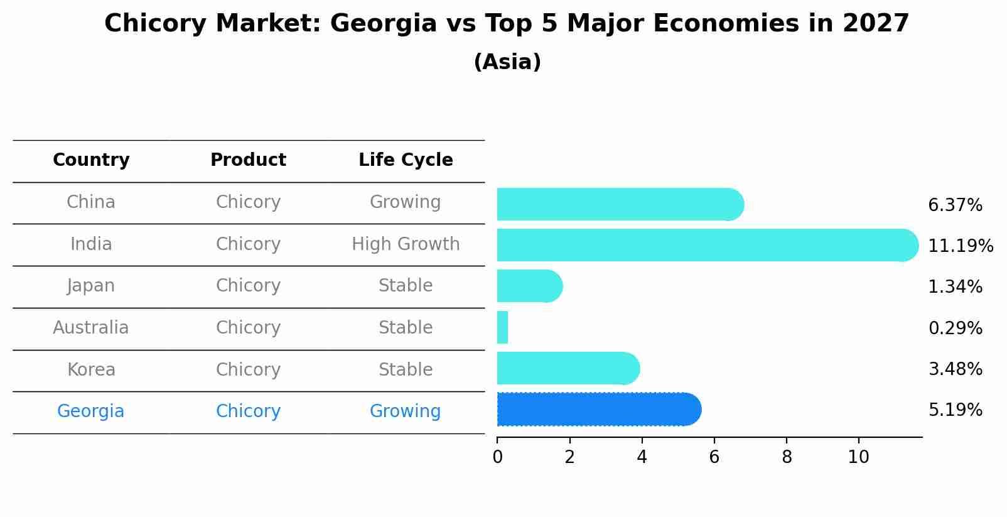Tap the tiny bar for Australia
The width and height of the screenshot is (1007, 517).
pyautogui.click(x=502, y=327)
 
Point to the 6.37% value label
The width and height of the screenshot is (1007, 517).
pyautogui.click(x=955, y=205)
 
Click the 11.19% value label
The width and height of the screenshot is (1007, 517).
pyautogui.click(x=960, y=246)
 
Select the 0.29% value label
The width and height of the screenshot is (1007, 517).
pyautogui.click(x=955, y=328)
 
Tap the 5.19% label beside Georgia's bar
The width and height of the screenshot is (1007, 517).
pyautogui.click(x=955, y=410)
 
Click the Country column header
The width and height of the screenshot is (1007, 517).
pyautogui.click(x=91, y=160)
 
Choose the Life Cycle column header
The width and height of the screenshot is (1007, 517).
pyautogui.click(x=406, y=160)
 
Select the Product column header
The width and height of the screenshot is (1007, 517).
pyautogui.click(x=248, y=160)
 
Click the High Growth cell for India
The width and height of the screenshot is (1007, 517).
pyautogui.click(x=406, y=244)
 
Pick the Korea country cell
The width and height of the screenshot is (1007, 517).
pyautogui.click(x=91, y=369)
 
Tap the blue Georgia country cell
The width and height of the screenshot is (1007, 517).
pyautogui.click(x=91, y=411)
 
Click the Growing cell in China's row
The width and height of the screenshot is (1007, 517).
pyautogui.click(x=406, y=202)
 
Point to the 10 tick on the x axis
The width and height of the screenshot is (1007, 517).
pyautogui.click(x=858, y=457)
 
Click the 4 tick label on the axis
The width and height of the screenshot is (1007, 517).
pyautogui.click(x=642, y=457)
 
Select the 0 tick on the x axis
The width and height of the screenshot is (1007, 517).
pyautogui.click(x=497, y=457)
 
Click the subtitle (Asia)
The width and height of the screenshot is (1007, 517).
pyautogui.click(x=507, y=62)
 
